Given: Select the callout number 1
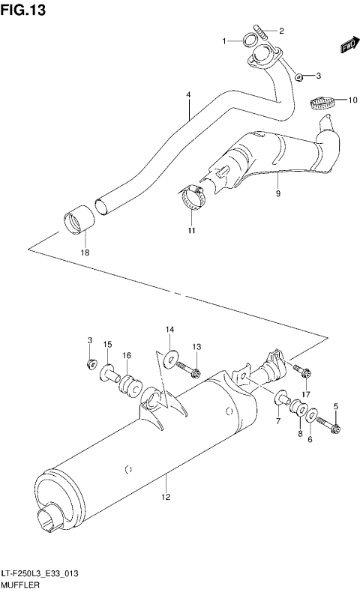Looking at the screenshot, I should click(x=223, y=41).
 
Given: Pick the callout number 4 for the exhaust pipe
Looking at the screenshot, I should click(x=188, y=95).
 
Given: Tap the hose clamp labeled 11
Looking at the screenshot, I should click(x=193, y=198).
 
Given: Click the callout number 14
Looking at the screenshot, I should click(x=169, y=329).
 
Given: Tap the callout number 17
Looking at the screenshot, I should click(x=305, y=394).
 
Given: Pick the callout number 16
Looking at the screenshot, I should click(x=127, y=355).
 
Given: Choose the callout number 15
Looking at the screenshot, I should click(x=107, y=344).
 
